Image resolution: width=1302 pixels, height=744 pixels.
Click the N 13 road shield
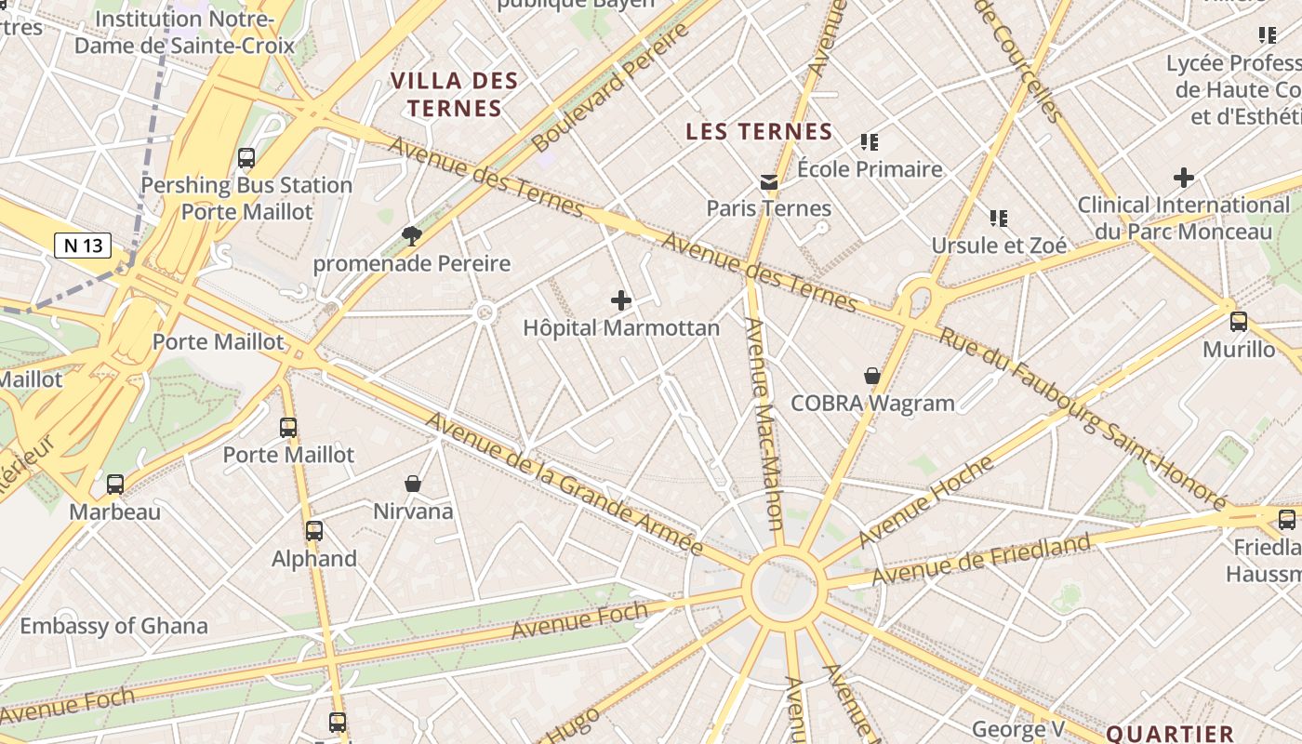[x=83, y=246]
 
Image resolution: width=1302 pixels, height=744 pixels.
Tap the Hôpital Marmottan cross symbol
[x=621, y=300]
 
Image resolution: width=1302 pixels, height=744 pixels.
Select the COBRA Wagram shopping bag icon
[x=872, y=376]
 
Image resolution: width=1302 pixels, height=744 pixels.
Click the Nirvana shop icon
[x=413, y=484]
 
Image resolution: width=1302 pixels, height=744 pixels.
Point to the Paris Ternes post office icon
[x=768, y=181]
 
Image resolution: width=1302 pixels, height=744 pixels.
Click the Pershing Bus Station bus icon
[x=246, y=158]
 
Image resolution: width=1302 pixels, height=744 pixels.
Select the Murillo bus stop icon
[x=1239, y=322]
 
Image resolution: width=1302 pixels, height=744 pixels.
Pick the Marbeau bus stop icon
[x=115, y=485]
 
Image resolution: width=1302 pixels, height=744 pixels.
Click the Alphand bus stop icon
[x=314, y=531]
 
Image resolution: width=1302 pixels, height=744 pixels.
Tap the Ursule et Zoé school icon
[x=999, y=219]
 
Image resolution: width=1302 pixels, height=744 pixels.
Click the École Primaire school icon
[x=870, y=142]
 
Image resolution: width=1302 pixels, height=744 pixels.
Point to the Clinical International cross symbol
[x=1184, y=177]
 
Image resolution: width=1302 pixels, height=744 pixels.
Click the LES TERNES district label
[x=759, y=132]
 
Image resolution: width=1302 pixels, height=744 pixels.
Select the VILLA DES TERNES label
[x=454, y=94]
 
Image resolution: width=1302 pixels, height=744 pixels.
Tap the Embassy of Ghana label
[x=113, y=626]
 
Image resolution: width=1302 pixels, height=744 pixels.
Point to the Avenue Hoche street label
[x=925, y=501]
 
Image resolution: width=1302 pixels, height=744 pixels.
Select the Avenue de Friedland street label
[x=980, y=560]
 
